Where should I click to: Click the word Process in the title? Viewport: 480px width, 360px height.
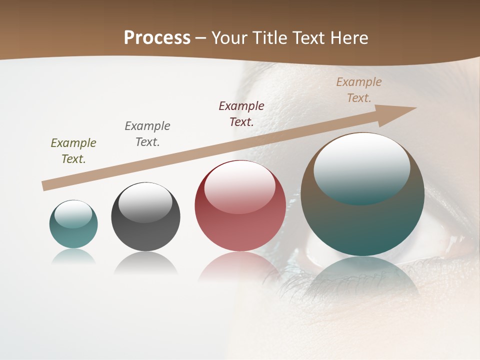tap(157, 38)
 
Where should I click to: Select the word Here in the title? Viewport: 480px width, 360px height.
tap(347, 38)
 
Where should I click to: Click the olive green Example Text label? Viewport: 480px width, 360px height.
tap(73, 150)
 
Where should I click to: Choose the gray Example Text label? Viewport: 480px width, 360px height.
tap(147, 133)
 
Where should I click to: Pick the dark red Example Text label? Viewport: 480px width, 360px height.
tap(241, 113)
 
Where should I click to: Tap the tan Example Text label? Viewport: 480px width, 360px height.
tap(359, 89)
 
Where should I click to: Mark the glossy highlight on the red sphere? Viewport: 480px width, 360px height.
tap(240, 186)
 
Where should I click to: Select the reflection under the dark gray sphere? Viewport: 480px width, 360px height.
tap(145, 263)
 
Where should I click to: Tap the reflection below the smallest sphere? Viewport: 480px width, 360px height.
tap(73, 256)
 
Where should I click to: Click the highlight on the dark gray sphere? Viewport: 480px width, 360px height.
tap(145, 202)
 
